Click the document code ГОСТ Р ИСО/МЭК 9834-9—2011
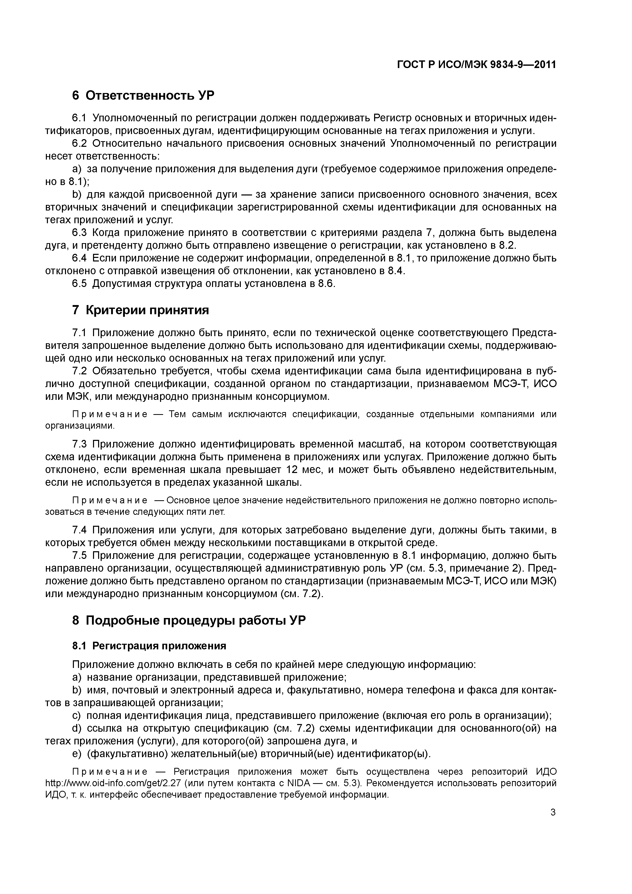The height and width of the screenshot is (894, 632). [x=476, y=65]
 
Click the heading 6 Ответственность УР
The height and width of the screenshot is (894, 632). [x=143, y=95]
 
